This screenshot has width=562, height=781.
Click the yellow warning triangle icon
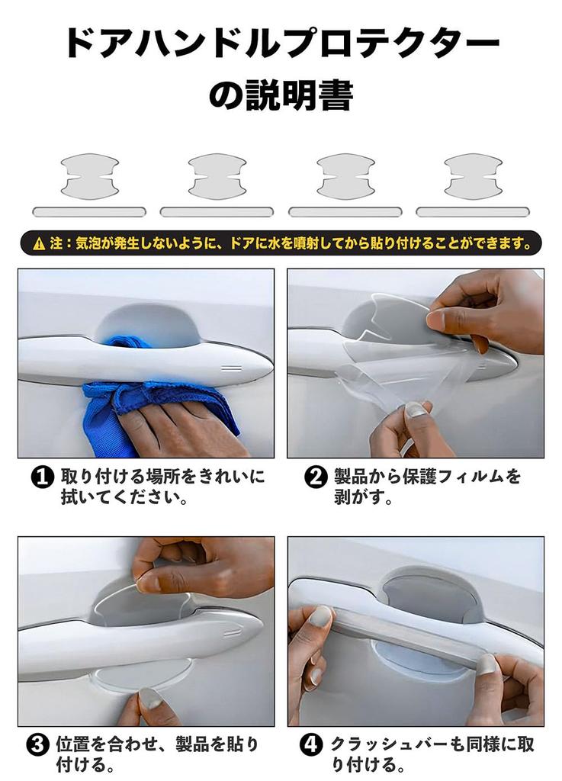point(39,244)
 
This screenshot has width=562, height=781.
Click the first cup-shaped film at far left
point(90,176)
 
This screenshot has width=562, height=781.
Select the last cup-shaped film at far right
point(473,176)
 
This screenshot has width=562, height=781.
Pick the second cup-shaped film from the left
point(217,176)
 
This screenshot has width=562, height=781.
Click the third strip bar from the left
point(345,212)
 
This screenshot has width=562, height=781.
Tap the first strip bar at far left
point(89,212)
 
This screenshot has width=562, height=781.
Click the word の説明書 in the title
point(281,97)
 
